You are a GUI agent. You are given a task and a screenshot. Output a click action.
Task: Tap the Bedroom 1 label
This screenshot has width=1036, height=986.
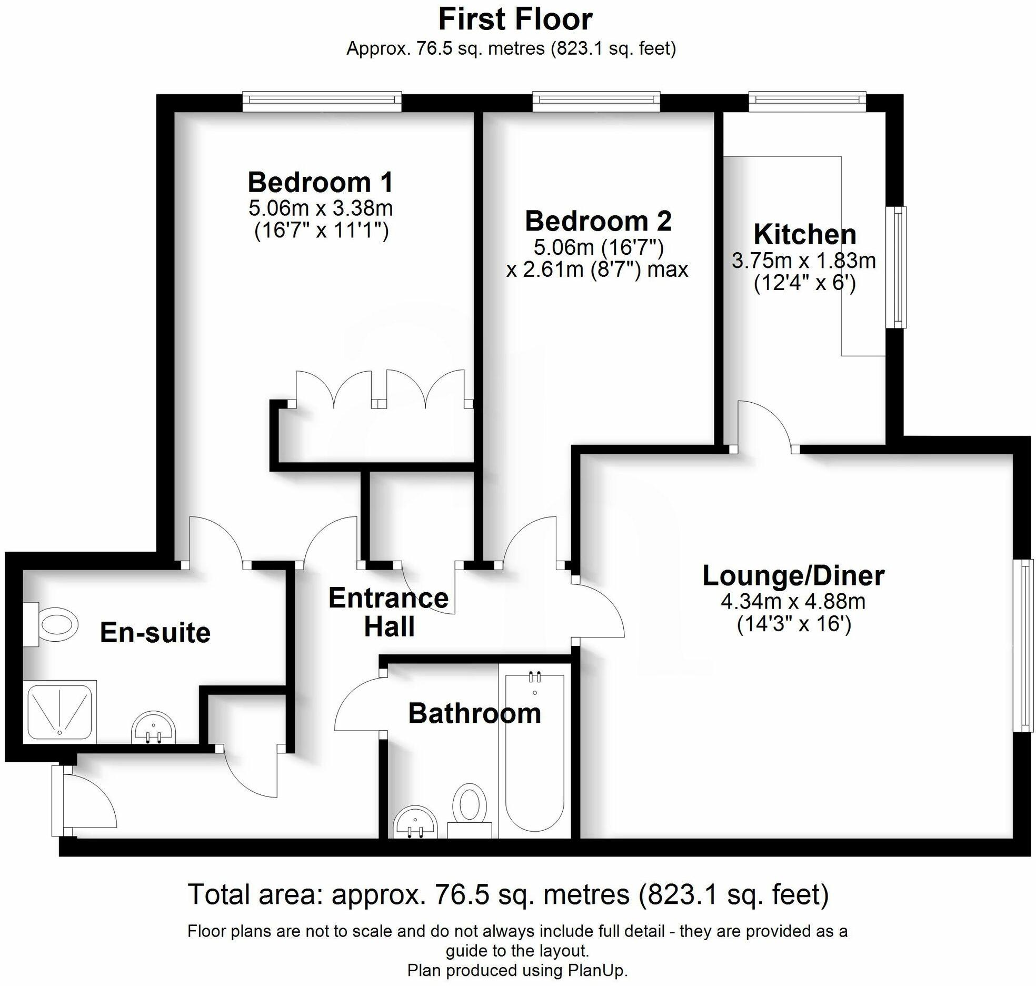coord(320,183)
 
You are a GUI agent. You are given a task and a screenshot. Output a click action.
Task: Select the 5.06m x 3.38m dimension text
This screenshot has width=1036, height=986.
coord(320,208)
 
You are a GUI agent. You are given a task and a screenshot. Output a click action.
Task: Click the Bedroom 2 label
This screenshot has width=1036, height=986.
coord(598,221)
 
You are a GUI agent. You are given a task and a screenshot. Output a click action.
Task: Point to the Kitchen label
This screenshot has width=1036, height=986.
coord(804,234)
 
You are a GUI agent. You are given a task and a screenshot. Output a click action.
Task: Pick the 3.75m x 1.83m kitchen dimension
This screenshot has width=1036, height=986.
coord(803,261)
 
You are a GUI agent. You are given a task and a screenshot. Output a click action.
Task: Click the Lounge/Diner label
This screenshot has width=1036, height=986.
coord(793,575)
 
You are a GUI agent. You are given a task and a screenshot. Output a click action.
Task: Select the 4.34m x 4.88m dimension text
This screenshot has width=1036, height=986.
coord(793,601)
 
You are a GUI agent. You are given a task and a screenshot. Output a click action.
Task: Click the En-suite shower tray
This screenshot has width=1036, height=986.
coord(59,711)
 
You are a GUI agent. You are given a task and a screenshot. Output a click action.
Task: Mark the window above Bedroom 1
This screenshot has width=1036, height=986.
coord(322,101)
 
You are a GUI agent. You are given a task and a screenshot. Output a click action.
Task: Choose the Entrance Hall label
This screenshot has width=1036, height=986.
coord(388,612)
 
